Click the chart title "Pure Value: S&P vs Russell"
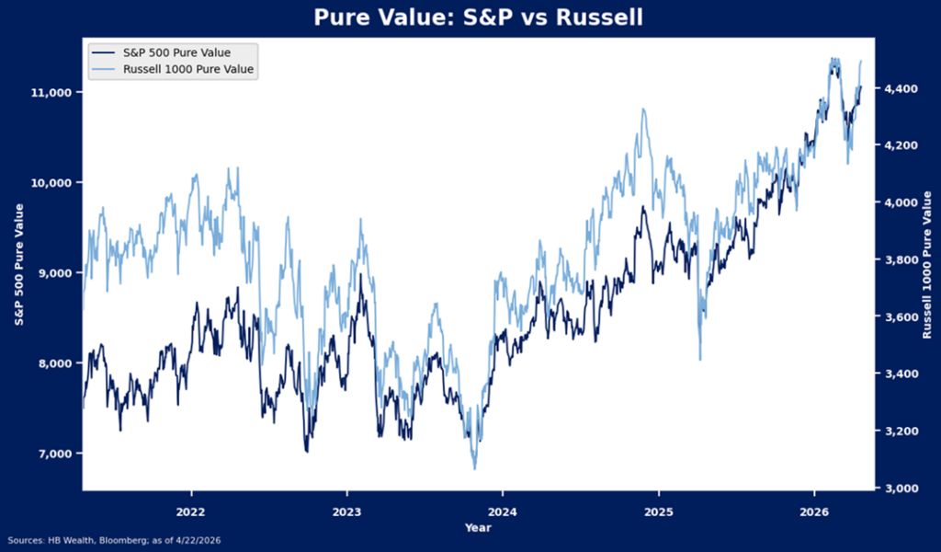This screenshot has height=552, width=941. (x=477, y=18)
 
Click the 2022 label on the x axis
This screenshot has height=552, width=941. (x=190, y=510)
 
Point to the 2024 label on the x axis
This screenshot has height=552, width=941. (x=502, y=510)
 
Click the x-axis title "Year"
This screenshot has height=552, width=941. (x=478, y=528)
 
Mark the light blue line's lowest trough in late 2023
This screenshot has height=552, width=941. (x=475, y=468)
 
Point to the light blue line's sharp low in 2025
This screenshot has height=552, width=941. (x=700, y=359)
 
